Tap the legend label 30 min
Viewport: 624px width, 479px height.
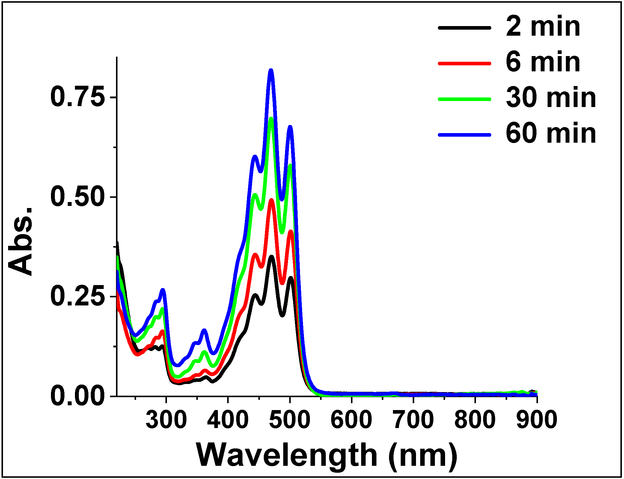pos(551,98)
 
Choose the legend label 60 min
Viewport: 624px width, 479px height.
pos(551,134)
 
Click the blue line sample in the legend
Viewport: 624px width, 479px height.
pos(465,135)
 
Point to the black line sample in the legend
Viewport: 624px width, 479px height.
pos(465,28)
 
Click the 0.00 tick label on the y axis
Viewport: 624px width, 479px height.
pos(78,396)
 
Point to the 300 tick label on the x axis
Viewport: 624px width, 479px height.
pos(166,420)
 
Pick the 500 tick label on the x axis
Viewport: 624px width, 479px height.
pos(290,420)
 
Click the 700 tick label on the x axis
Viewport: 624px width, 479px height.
pos(413,420)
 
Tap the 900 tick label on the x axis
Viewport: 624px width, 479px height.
pos(536,420)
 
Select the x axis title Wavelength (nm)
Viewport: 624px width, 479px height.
pos(327,455)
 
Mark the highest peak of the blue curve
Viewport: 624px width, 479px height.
pos(271,71)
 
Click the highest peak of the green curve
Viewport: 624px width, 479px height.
pos(271,119)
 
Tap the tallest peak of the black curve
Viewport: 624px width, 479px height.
pos(272,257)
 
